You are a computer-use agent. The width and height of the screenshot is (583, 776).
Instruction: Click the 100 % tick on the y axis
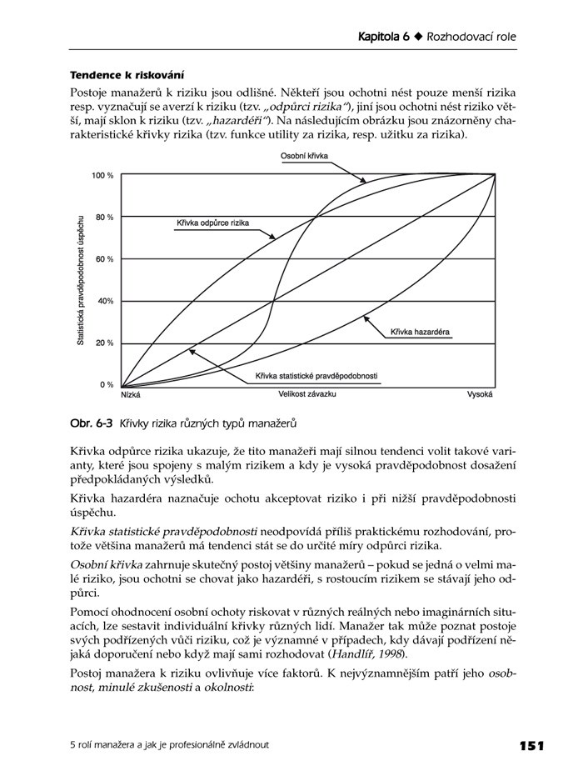pyautogui.click(x=102, y=175)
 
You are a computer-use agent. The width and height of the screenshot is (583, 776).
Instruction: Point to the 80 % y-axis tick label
pyautogui.click(x=104, y=217)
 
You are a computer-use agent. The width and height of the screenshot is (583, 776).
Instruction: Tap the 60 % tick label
pyautogui.click(x=104, y=259)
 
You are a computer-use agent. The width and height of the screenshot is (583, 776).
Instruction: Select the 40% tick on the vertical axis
pyautogui.click(x=105, y=301)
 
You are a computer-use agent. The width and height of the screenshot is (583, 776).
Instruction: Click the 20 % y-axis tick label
pyautogui.click(x=104, y=343)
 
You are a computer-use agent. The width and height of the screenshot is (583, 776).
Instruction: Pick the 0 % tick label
pyautogui.click(x=107, y=384)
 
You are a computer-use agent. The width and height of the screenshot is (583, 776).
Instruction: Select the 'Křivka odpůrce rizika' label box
pyautogui.click(x=212, y=223)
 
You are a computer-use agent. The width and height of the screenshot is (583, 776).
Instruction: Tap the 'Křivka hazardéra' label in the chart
pyautogui.click(x=420, y=332)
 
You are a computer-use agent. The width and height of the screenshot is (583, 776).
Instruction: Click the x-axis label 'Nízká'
pyautogui.click(x=130, y=395)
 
